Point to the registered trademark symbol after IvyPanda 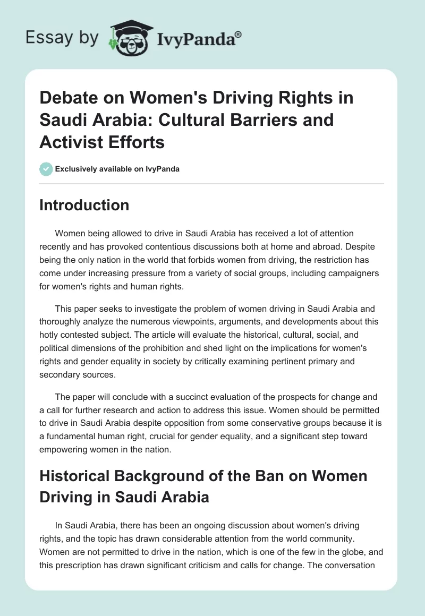coord(239,33)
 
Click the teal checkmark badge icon coord(45,169)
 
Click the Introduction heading coord(84,205)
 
